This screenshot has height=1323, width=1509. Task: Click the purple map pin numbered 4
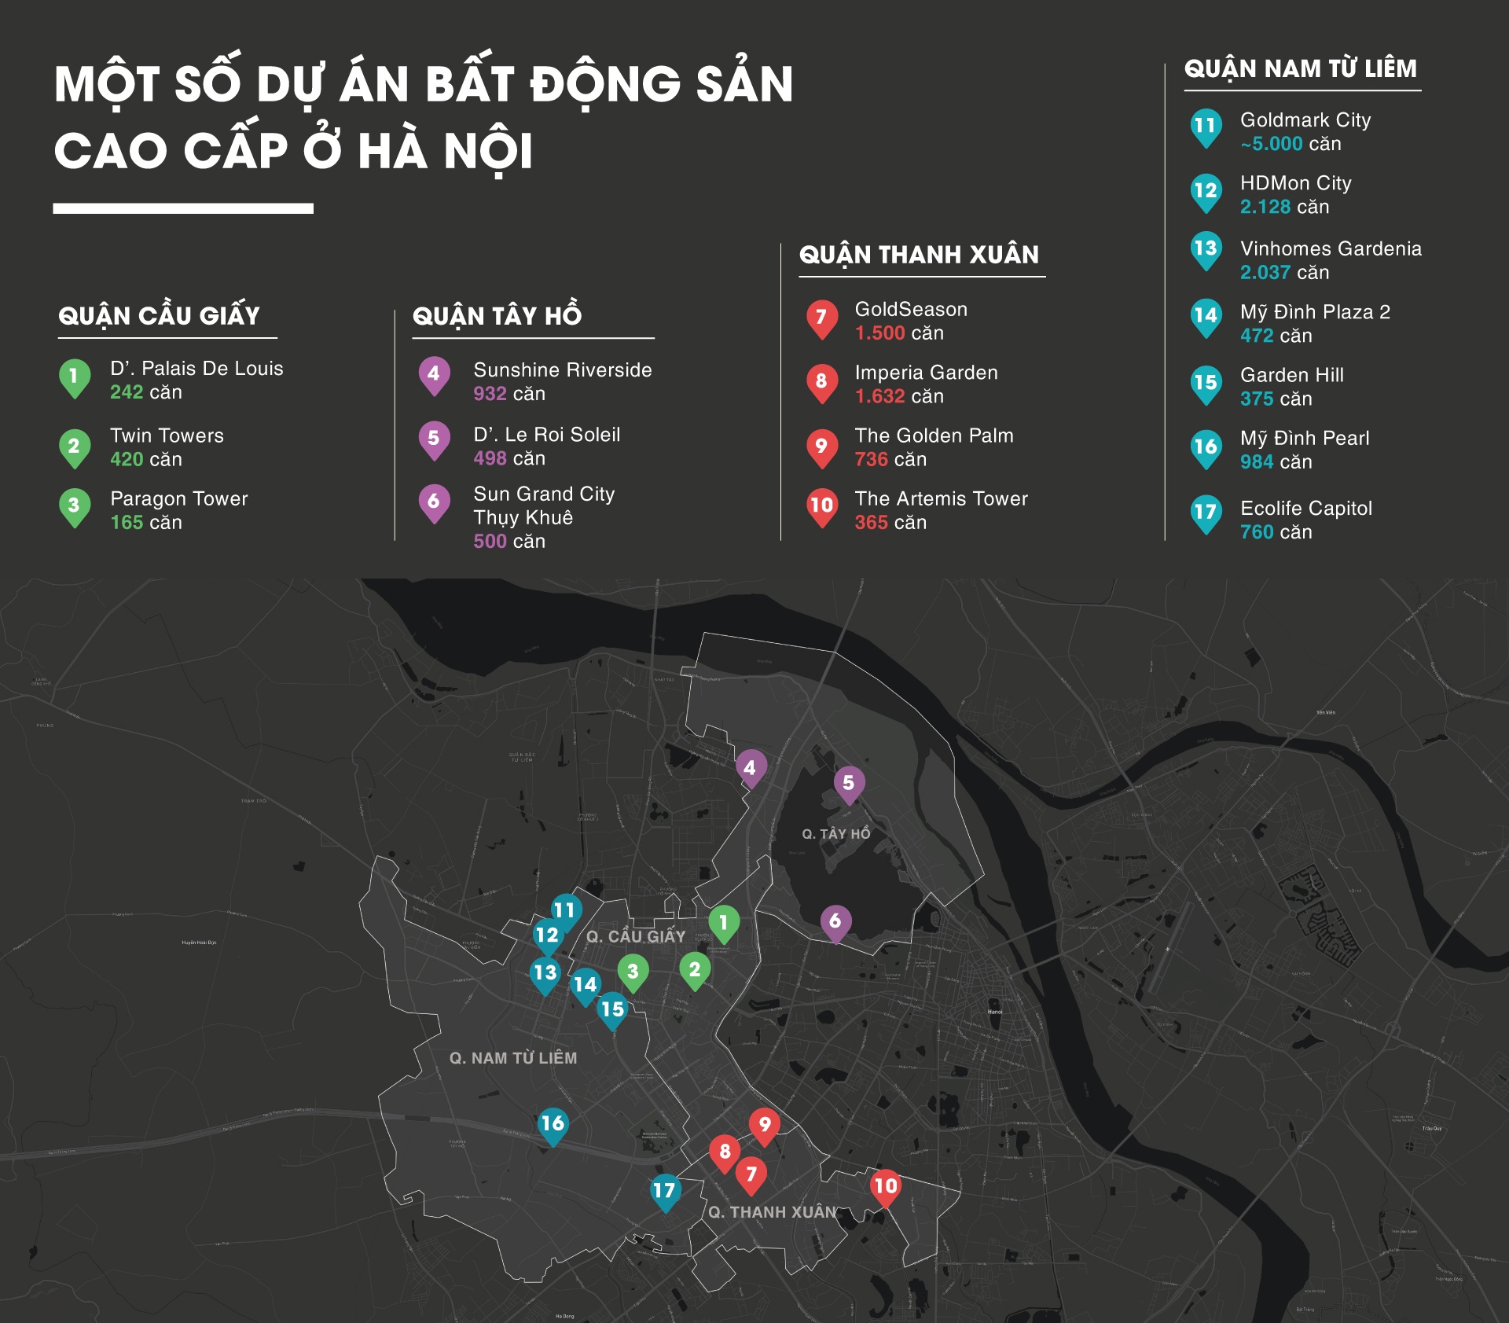[x=751, y=768]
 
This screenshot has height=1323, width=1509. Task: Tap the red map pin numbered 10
[x=886, y=1186]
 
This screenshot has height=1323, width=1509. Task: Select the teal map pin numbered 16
[x=553, y=1124]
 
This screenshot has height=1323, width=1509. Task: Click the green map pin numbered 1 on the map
[x=724, y=922]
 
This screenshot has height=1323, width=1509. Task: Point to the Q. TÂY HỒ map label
[x=836, y=834]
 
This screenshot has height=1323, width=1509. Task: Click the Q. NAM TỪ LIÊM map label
[x=513, y=1058]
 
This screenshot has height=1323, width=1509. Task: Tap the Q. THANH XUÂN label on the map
[x=773, y=1212]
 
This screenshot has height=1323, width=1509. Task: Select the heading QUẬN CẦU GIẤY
[x=159, y=316]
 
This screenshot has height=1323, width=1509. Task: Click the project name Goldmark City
[x=1305, y=120]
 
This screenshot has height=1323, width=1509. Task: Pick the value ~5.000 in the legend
[x=1272, y=145]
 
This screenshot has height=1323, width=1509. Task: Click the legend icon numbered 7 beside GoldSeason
[x=821, y=318]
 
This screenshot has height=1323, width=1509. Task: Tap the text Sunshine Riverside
[x=563, y=370]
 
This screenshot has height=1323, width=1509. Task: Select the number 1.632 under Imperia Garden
[x=879, y=397]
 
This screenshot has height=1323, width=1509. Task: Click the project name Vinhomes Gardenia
[x=1331, y=249]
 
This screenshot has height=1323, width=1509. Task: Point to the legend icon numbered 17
[x=1206, y=513]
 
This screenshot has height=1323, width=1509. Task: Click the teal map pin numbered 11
[x=565, y=910]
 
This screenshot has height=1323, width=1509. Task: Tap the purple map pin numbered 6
[x=835, y=921]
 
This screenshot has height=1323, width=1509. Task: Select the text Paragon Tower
[x=179, y=499]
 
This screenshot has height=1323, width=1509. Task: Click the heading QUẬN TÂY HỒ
[x=497, y=316]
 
